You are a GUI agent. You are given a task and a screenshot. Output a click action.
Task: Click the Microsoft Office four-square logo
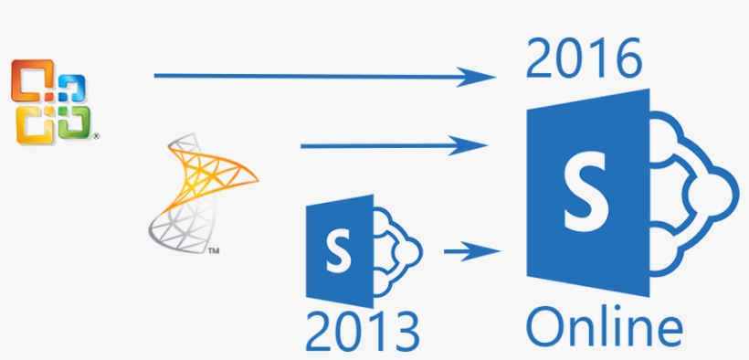coord(51,101)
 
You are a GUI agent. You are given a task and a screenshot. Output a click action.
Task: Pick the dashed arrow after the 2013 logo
coord(472,249)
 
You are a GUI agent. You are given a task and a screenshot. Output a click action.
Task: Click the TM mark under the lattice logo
coord(213,249)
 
